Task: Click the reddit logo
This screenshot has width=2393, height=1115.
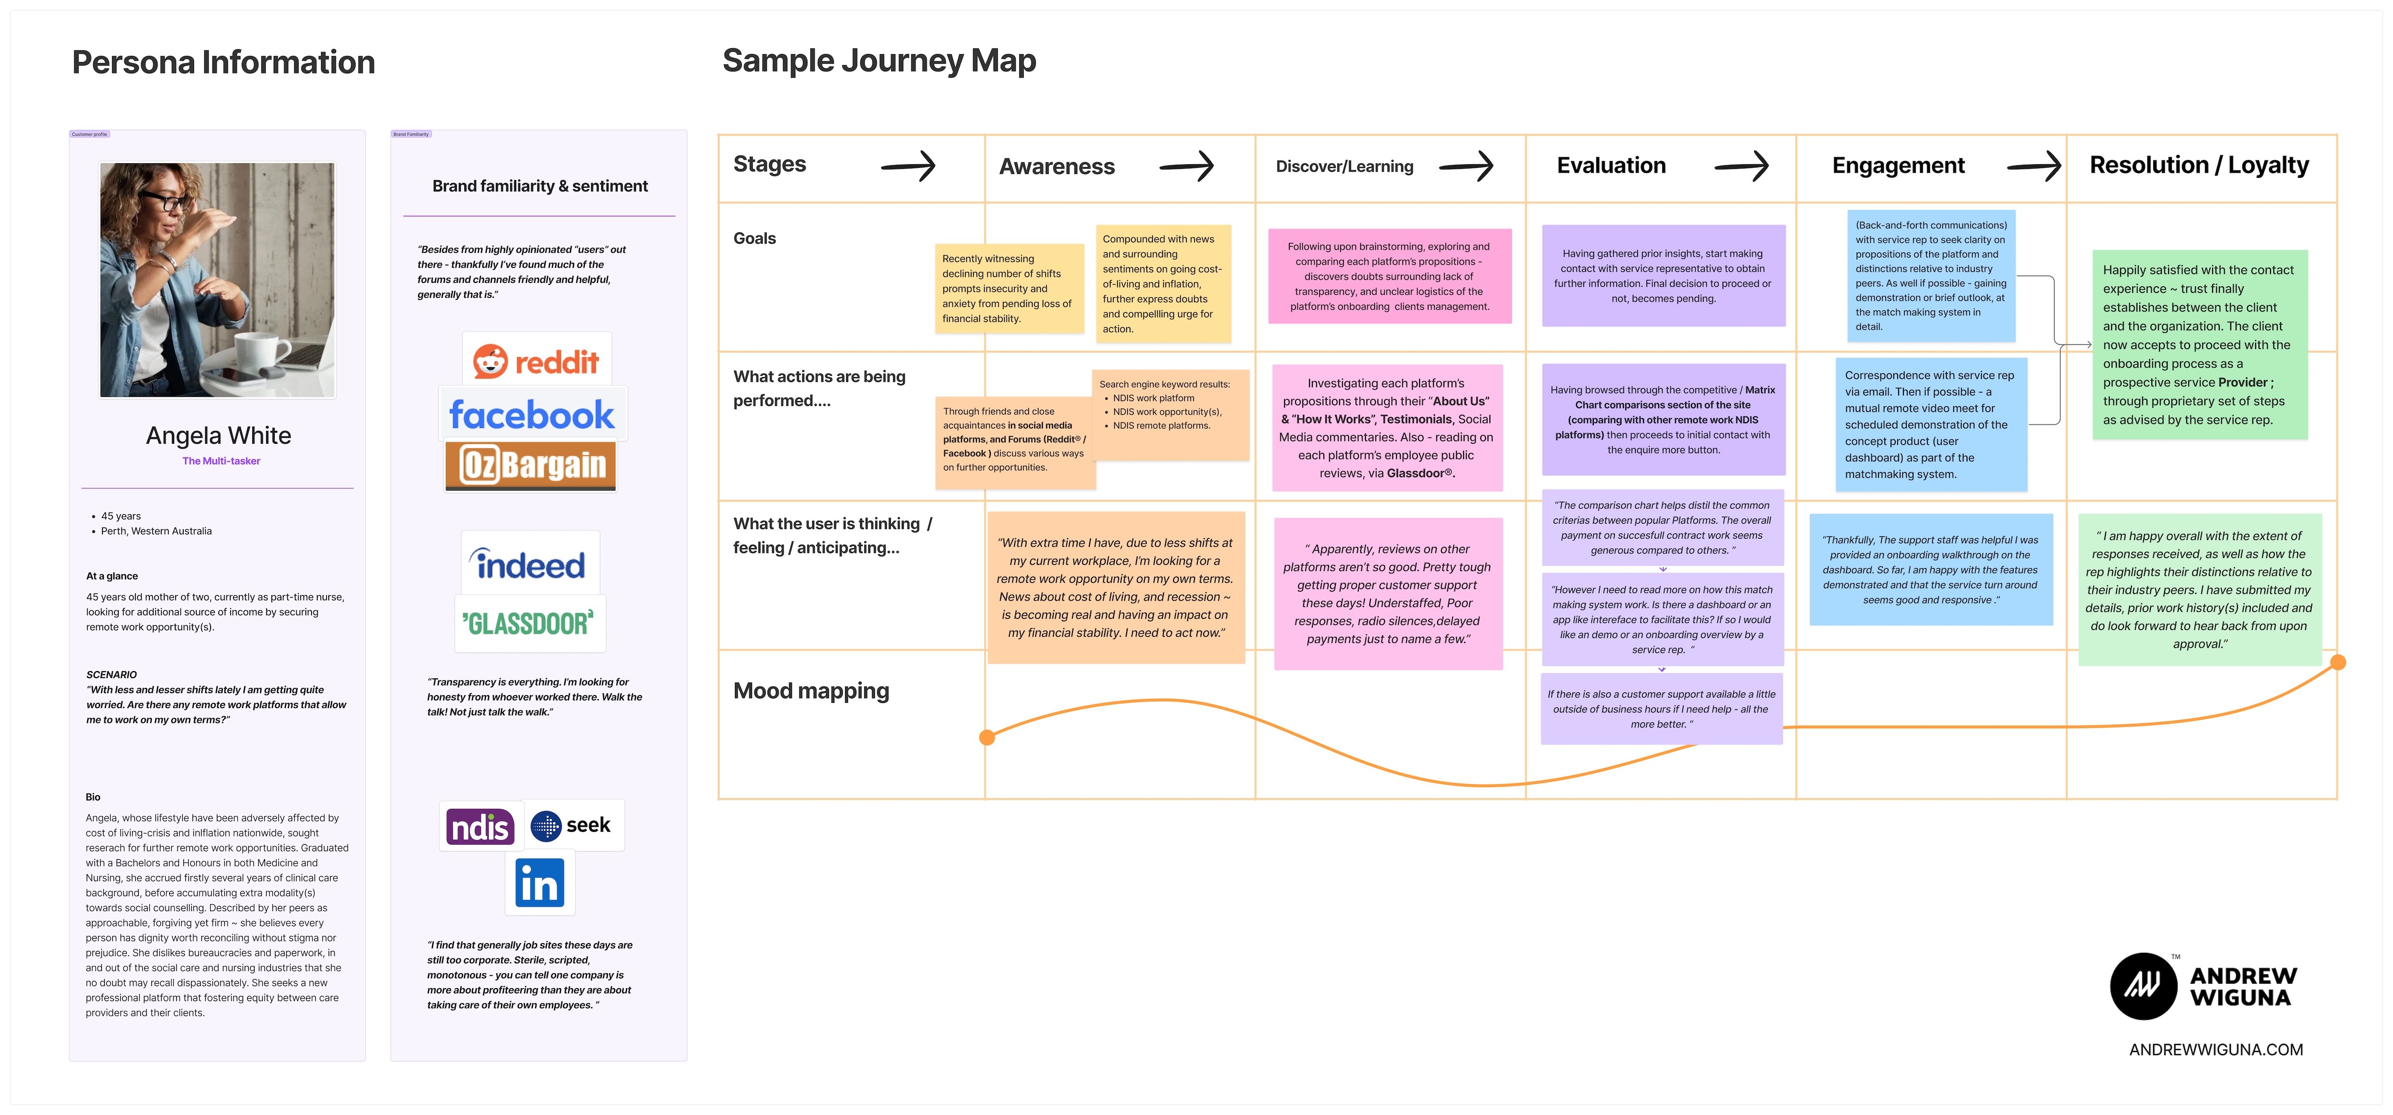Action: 536,360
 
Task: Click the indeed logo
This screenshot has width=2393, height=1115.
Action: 530,563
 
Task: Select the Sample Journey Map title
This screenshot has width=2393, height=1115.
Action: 879,60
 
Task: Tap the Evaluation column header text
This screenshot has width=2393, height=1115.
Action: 1611,165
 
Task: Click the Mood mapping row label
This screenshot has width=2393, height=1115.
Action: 811,690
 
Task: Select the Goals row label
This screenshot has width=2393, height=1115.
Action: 754,238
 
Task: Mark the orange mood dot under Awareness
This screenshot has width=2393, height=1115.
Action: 987,737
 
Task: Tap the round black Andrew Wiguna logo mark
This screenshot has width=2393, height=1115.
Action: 2143,986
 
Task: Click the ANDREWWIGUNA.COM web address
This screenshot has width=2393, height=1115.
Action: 2215,1049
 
